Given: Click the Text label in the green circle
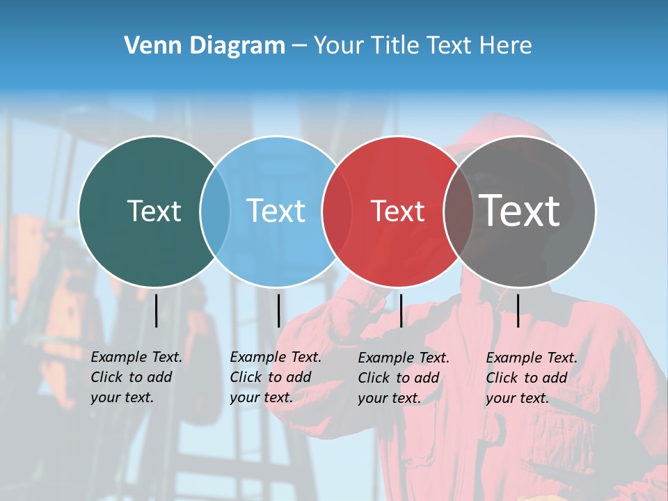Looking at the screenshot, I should (154, 211).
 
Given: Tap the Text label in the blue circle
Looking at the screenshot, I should (276, 211).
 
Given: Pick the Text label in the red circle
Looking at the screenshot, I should (397, 212).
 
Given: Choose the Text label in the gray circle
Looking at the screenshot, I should (520, 210).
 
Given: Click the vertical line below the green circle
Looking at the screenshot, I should (156, 310).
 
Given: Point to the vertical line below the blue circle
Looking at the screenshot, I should (278, 310).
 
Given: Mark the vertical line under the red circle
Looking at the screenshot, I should (401, 310).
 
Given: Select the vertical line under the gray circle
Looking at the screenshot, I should (518, 310).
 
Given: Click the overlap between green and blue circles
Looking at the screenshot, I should (215, 211).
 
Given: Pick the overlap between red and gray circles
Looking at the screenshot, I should (459, 211).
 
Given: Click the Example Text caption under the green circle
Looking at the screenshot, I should (136, 377).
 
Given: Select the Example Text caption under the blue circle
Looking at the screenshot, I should (275, 377).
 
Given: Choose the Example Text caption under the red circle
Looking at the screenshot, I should (403, 378).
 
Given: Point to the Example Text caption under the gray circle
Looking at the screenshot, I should (531, 378).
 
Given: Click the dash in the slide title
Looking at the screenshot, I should (299, 46).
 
